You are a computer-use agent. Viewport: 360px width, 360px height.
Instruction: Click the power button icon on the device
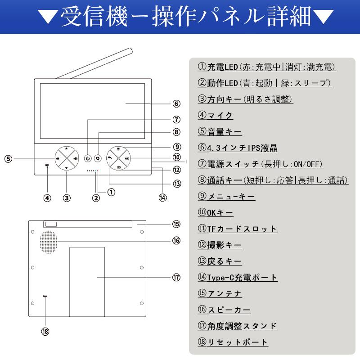click(x=88, y=158)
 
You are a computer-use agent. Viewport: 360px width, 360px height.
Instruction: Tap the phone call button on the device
click(x=98, y=158)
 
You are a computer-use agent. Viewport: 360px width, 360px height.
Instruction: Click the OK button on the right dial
click(x=127, y=158)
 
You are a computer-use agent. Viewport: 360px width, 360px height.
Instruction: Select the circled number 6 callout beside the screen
click(x=176, y=104)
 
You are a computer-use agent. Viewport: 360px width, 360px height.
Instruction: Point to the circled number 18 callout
click(x=45, y=332)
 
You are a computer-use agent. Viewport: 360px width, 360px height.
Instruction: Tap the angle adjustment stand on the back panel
click(x=87, y=281)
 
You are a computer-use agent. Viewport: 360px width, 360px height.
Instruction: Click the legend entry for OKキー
click(x=216, y=212)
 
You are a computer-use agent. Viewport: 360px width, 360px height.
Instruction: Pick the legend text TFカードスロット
click(x=237, y=229)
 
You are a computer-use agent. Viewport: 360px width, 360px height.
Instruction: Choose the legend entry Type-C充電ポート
click(x=238, y=277)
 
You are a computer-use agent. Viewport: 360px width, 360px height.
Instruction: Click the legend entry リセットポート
click(x=233, y=342)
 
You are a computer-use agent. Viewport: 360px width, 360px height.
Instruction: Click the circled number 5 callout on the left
click(x=9, y=158)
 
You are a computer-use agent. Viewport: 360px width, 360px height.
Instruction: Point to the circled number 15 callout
click(x=176, y=224)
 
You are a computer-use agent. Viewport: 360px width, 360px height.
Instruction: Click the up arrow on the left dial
click(x=66, y=148)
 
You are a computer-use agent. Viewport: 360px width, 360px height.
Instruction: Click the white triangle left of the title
click(x=46, y=17)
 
